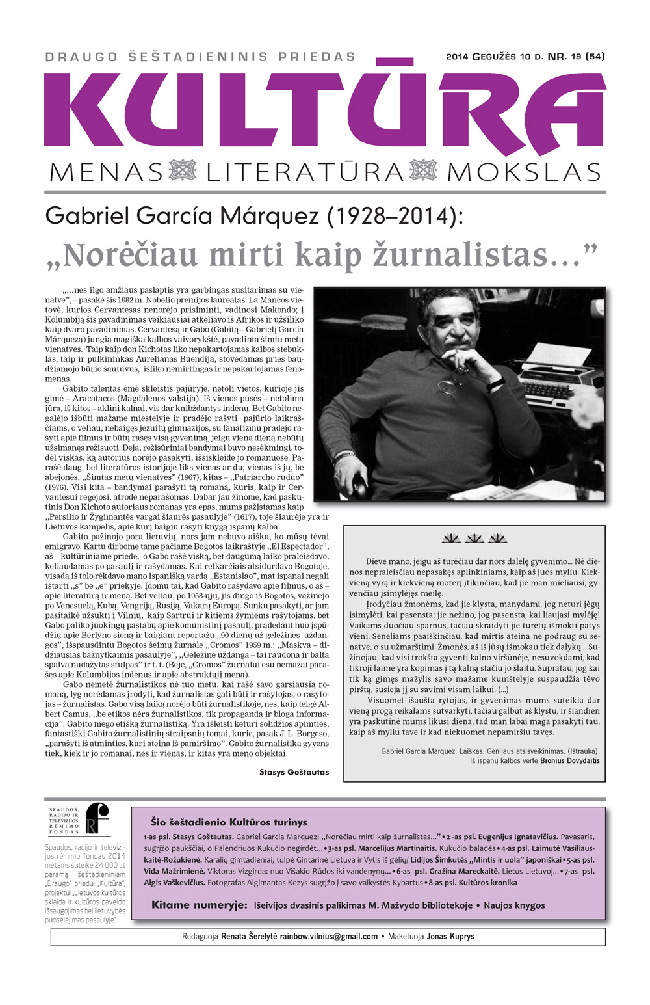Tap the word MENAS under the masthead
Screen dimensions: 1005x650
(106, 172)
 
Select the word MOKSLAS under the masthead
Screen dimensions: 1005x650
(523, 172)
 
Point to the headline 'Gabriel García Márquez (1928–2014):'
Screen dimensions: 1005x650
(254, 216)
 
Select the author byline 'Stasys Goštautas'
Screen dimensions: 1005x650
(294, 772)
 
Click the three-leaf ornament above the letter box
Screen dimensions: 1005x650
(474, 539)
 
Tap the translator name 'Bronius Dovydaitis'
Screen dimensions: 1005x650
(569, 760)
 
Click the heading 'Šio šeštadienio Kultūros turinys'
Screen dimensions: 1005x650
(229, 822)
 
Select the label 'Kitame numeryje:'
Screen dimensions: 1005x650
(199, 905)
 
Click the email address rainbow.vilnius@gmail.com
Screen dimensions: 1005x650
(328, 937)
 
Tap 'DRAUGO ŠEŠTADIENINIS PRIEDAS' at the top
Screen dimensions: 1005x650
(200, 57)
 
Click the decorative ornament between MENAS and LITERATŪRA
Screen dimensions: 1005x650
(183, 172)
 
